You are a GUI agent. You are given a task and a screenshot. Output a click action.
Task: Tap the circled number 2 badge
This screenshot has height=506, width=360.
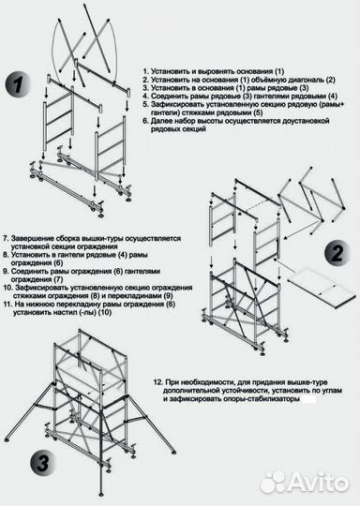[334, 252]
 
